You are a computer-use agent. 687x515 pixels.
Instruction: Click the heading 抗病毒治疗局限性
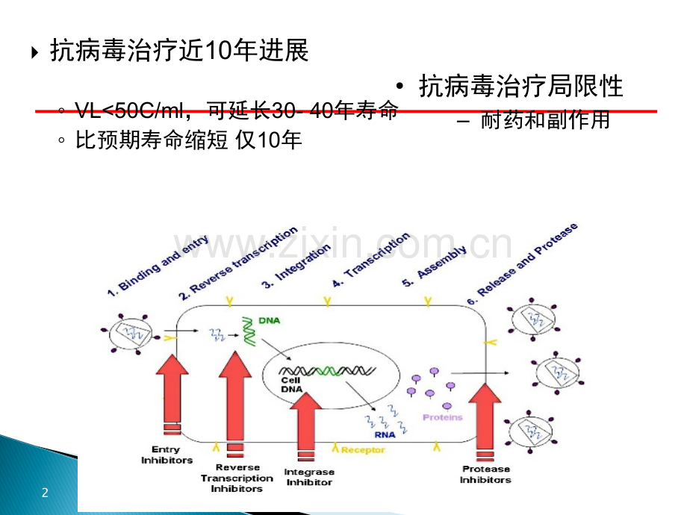[x=521, y=86]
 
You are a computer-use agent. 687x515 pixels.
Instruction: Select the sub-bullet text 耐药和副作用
[x=545, y=119]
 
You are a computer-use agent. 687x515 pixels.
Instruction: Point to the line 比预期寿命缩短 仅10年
[x=190, y=140]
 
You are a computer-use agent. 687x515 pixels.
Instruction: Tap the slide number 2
[x=45, y=493]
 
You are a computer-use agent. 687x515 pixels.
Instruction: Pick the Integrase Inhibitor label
[x=309, y=477]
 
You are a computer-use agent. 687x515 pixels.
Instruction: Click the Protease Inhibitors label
[x=485, y=474]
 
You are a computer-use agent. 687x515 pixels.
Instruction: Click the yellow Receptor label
[x=363, y=449]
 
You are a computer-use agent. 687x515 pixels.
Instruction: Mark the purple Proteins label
[x=443, y=417]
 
